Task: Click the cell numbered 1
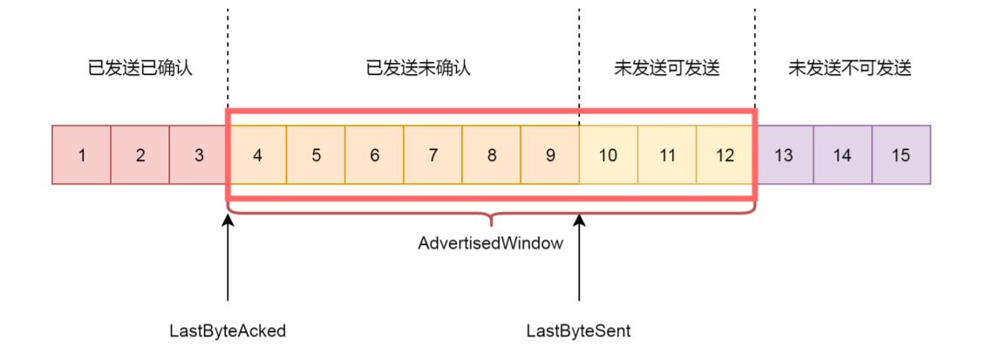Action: tap(81, 155)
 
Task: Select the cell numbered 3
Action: tap(199, 155)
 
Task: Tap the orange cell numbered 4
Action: tap(258, 155)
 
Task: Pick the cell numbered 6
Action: tap(375, 155)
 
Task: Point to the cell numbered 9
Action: tap(550, 155)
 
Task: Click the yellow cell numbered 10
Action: tap(609, 155)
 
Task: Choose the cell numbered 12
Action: tap(725, 155)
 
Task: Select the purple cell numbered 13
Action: tap(784, 155)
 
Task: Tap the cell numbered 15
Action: tap(901, 155)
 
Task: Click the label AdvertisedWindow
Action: tap(490, 244)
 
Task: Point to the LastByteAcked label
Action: tap(228, 331)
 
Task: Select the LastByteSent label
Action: tap(579, 331)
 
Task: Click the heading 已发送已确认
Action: tap(140, 68)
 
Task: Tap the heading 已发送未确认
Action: tap(419, 68)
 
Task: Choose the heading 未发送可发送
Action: tap(667, 68)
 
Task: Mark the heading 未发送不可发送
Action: tap(850, 68)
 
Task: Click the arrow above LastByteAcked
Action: tap(228, 262)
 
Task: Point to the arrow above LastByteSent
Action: tap(579, 262)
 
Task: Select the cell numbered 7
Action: tap(433, 155)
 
